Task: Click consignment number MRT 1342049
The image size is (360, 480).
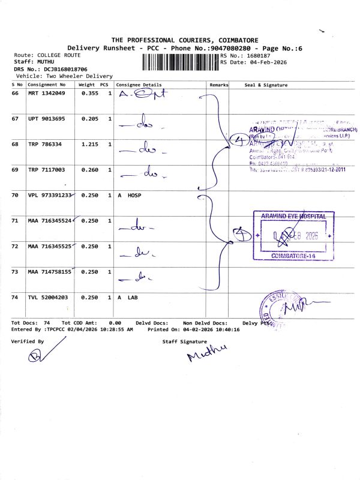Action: tap(46, 94)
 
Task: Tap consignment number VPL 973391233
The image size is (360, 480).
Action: tap(50, 196)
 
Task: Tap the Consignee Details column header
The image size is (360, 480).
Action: tap(139, 85)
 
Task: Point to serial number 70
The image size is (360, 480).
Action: tap(16, 196)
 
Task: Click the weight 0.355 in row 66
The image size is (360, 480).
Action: tap(89, 94)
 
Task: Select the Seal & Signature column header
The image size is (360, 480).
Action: tap(266, 85)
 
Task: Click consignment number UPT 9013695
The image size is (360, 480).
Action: tap(46, 119)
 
